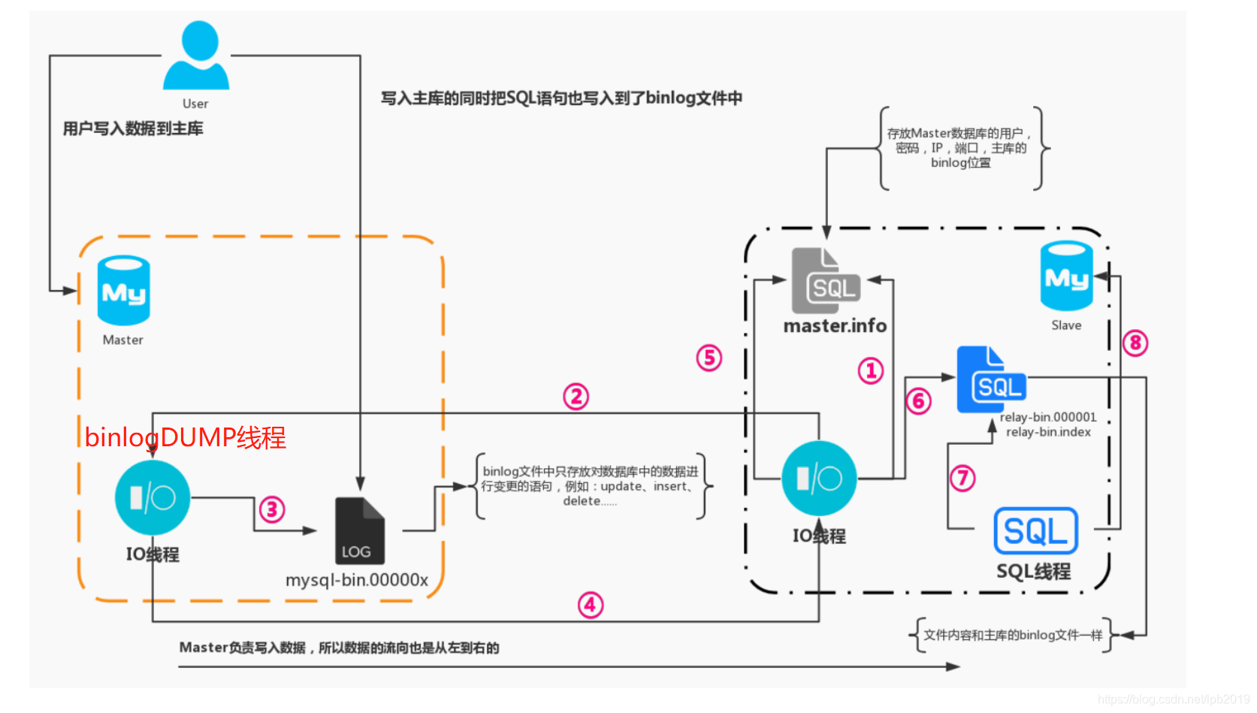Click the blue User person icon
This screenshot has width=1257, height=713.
pyautogui.click(x=196, y=56)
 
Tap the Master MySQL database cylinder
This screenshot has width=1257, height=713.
pyautogui.click(x=124, y=291)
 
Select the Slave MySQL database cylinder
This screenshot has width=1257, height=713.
pyautogui.click(x=1066, y=276)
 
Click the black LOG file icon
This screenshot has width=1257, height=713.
pyautogui.click(x=359, y=530)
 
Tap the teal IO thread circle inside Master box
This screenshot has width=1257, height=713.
pyautogui.click(x=153, y=498)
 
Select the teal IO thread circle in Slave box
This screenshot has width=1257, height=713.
pyautogui.click(x=819, y=479)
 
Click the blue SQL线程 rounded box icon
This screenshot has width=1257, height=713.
pyautogui.click(x=1035, y=531)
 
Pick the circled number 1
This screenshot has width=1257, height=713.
pyautogui.click(x=871, y=370)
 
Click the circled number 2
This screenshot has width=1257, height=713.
pyautogui.click(x=576, y=396)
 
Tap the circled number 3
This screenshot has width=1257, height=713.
pyautogui.click(x=272, y=510)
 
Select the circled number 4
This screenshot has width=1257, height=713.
pyautogui.click(x=591, y=605)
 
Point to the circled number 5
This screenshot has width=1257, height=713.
pyautogui.click(x=709, y=358)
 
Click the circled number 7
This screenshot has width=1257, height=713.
pyautogui.click(x=962, y=478)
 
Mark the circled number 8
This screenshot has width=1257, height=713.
pyautogui.click(x=1135, y=343)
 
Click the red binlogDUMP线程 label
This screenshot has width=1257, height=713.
pyautogui.click(x=185, y=437)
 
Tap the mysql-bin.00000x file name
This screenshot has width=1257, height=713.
pyautogui.click(x=357, y=580)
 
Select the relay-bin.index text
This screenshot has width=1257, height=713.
pyautogui.click(x=1048, y=432)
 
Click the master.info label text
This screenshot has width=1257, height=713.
pyautogui.click(x=835, y=326)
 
